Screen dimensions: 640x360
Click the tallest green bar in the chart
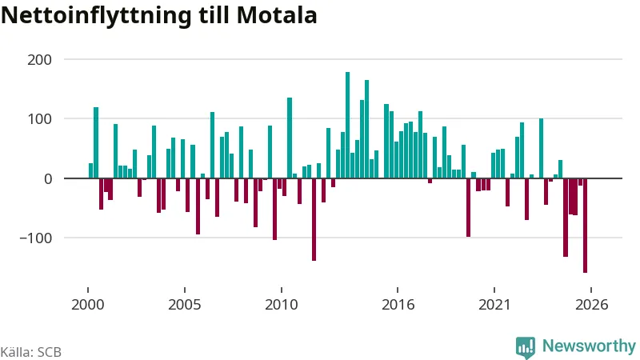(347, 125)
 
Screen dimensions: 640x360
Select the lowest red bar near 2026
(585, 226)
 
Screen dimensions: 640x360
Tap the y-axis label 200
(39, 59)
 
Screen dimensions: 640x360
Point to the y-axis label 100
(39, 118)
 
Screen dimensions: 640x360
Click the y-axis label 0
(48, 178)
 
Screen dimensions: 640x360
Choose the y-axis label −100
(36, 238)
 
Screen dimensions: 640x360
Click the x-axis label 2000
(88, 305)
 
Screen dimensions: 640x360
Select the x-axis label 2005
(185, 305)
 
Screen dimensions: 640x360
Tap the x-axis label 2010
(282, 305)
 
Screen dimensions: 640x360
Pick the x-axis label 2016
(398, 305)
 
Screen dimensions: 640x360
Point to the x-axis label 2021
(494, 305)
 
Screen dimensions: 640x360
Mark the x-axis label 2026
(591, 305)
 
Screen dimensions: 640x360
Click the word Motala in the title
(276, 15)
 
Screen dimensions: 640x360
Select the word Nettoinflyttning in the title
(96, 16)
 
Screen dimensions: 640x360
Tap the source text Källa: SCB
(31, 352)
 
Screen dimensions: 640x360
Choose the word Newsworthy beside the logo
(589, 346)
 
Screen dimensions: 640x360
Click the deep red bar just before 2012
(314, 219)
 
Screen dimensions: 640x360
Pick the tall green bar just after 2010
(290, 138)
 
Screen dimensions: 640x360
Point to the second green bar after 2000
(96, 143)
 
